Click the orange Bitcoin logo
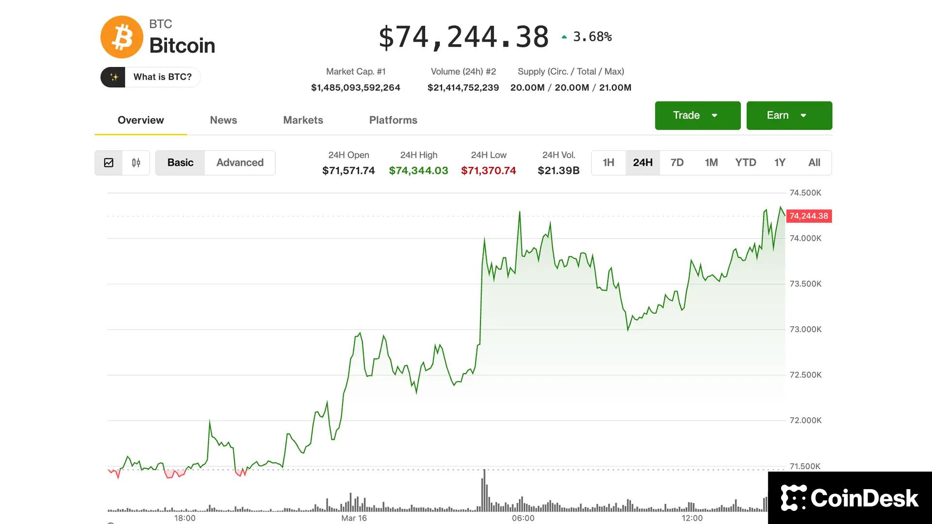coord(121,37)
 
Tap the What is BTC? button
coord(150,77)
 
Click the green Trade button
coord(697,115)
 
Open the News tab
coord(223,120)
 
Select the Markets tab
coord(303,120)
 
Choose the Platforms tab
coord(393,120)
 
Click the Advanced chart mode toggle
coord(240,163)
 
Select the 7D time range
coord(677,163)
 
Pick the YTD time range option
coord(745,163)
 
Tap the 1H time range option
coord(608,163)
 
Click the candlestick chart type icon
coord(136,163)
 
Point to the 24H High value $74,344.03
coord(418,171)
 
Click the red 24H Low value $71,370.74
coord(488,171)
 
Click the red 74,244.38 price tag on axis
coord(809,216)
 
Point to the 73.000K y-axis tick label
coord(805,329)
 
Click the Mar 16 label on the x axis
coord(354,518)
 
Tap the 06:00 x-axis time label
coord(523,518)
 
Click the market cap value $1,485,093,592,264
coord(355,88)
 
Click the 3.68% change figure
coord(592,37)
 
